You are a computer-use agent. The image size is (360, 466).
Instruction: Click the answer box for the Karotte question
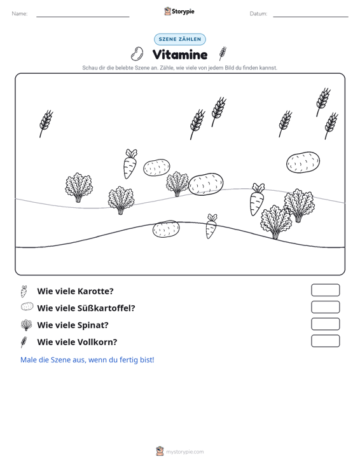click(x=325, y=290)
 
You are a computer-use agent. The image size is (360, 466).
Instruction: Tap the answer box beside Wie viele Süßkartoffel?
click(x=325, y=307)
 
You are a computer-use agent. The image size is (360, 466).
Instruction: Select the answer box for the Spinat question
click(x=325, y=324)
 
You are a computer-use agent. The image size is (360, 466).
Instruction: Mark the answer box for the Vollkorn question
click(x=325, y=341)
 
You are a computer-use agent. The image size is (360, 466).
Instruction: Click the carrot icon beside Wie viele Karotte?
click(x=24, y=291)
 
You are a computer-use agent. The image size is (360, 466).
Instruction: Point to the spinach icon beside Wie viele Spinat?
click(x=27, y=325)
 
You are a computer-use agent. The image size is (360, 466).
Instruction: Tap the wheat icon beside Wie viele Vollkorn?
click(x=24, y=342)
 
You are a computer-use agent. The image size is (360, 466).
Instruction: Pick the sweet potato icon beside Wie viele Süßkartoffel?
click(x=27, y=306)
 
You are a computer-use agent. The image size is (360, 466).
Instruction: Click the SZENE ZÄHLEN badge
click(x=180, y=39)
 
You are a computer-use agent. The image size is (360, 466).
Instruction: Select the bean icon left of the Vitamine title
click(x=137, y=54)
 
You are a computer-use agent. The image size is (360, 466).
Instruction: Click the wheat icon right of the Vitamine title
click(x=223, y=53)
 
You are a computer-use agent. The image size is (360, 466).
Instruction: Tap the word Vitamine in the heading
click(x=180, y=55)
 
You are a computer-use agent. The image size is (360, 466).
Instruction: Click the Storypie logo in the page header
click(x=179, y=11)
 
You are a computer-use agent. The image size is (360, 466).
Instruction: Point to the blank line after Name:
click(x=83, y=17)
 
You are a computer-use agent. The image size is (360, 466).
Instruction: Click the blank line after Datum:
click(x=310, y=17)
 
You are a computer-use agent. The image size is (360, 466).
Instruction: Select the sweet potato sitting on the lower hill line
click(x=166, y=229)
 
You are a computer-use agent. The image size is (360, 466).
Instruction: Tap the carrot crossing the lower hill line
click(x=211, y=226)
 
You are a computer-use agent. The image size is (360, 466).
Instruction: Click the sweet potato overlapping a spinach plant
click(x=205, y=184)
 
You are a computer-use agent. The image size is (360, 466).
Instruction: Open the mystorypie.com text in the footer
click(x=185, y=452)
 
